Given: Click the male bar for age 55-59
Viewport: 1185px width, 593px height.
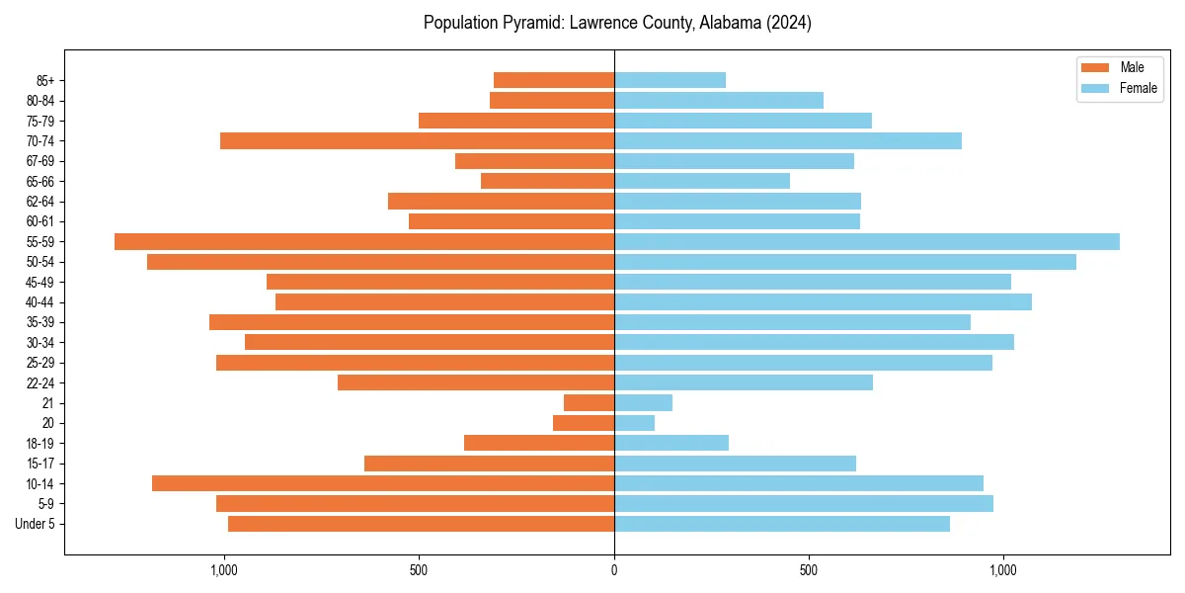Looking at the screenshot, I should [364, 242].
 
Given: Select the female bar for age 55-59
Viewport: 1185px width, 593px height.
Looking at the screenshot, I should [867, 242].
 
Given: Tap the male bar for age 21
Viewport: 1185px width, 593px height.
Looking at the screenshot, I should [589, 403].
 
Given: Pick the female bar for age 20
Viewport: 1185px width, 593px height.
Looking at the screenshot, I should [634, 423].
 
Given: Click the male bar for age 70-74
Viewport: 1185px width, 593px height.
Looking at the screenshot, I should [417, 141].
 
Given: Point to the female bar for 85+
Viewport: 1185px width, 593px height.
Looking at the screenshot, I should [670, 80].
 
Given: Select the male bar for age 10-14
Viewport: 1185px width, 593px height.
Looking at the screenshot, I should [383, 483].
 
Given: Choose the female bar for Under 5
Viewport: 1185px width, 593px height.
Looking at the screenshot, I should [782, 524].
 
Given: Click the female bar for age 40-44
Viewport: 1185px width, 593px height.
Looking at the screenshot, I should [823, 302].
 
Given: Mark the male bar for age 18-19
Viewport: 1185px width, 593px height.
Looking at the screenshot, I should [539, 443].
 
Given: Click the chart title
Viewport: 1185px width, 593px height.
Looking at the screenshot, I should [617, 23].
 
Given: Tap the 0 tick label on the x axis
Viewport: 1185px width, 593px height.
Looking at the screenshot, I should [614, 570].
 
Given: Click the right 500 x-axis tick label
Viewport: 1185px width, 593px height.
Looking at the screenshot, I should [809, 570].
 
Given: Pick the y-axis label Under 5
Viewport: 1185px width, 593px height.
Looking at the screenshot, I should [35, 524].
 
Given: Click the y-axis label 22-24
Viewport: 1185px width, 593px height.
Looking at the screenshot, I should [39, 383].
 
